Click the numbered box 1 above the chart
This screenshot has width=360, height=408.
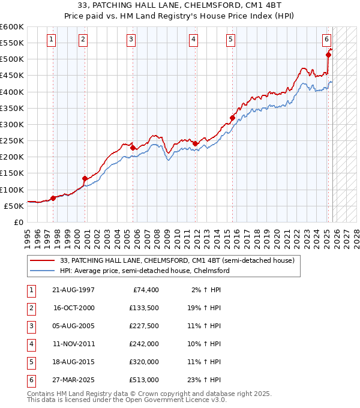pyautogui.click(x=52, y=40)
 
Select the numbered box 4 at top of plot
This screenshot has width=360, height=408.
pyautogui.click(x=194, y=40)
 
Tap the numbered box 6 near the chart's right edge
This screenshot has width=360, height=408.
pyautogui.click(x=326, y=40)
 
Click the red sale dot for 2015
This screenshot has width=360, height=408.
pyautogui.click(x=232, y=118)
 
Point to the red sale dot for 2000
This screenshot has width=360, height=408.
pyautogui.click(x=85, y=178)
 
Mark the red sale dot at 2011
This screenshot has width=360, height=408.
pyautogui.click(x=195, y=143)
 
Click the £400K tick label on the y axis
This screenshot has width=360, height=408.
pyautogui.click(x=12, y=92)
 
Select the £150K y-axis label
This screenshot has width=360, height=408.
pyautogui.click(x=12, y=173)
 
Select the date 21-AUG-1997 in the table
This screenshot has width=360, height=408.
pyautogui.click(x=73, y=290)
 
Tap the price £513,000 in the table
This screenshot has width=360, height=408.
pyautogui.click(x=144, y=380)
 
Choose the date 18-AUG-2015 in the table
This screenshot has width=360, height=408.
pyautogui.click(x=73, y=362)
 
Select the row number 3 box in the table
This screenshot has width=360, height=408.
pyautogui.click(x=30, y=326)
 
